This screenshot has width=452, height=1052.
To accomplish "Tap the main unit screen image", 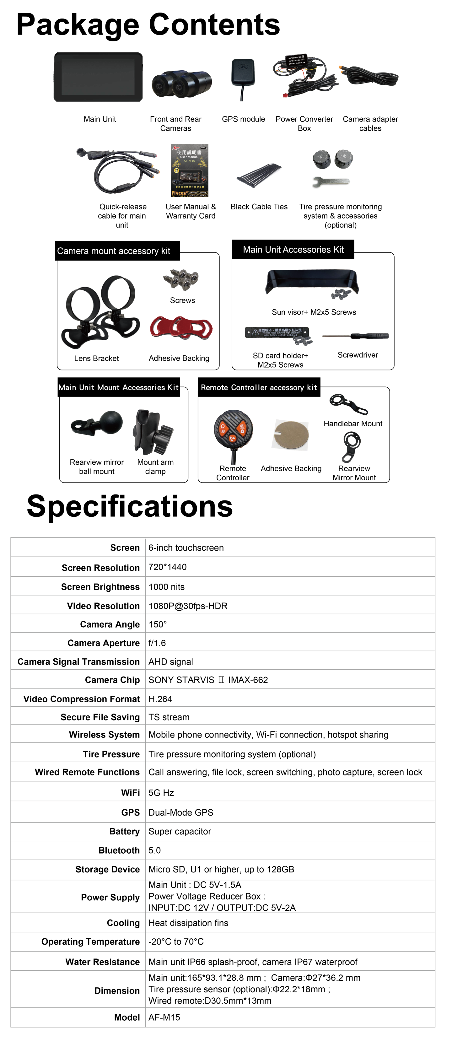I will coord(98,77).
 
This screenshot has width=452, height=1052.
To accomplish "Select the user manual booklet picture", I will coord(190,170).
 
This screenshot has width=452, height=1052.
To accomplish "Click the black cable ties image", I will coord(259,175).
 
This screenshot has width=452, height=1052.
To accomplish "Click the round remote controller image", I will coord(233,430).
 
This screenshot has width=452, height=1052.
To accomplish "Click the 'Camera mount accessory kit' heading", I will coord(114,251).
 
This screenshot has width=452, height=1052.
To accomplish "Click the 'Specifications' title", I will coord(130,506).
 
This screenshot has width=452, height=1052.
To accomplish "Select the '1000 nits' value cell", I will coord(167,587).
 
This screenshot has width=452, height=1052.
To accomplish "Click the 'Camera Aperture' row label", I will coord(103,643).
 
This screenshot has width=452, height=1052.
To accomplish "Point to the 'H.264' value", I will coord(160,699).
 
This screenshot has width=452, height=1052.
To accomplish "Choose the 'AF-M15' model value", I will coord(164,1017).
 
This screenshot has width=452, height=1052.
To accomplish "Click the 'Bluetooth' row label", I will coord(119,850).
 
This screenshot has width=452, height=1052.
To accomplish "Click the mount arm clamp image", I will coord(153,432).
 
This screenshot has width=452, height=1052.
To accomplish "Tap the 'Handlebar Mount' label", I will coord(353,423).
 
